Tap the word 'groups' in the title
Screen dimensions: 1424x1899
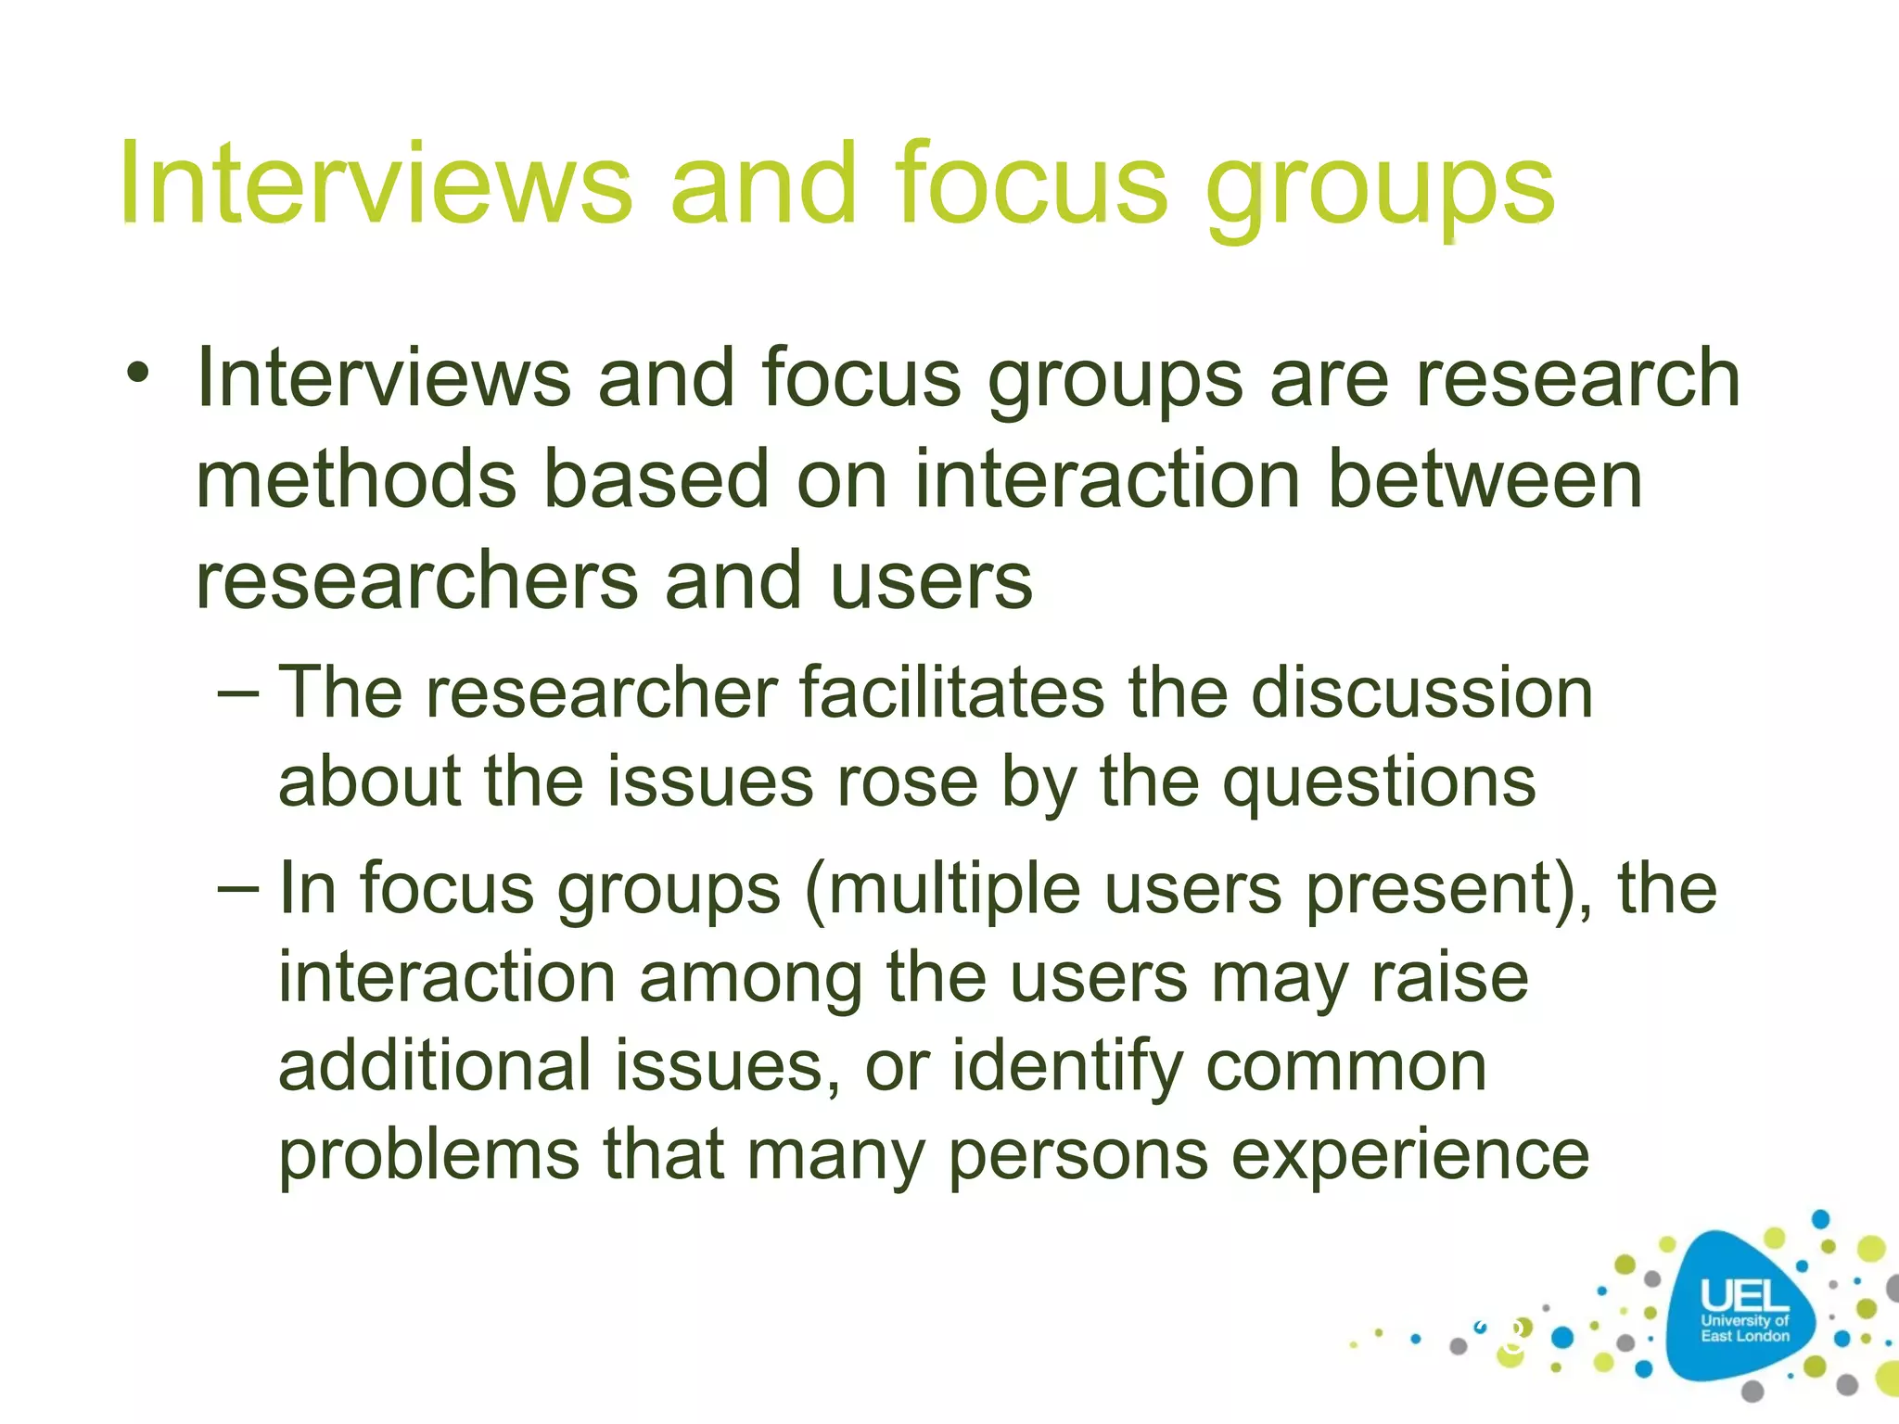(1380, 190)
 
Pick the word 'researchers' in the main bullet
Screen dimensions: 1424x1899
(417, 581)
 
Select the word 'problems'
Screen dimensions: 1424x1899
(429, 1158)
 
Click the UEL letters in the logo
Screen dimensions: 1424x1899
(1744, 1296)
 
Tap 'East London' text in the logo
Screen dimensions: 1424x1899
(1744, 1336)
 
